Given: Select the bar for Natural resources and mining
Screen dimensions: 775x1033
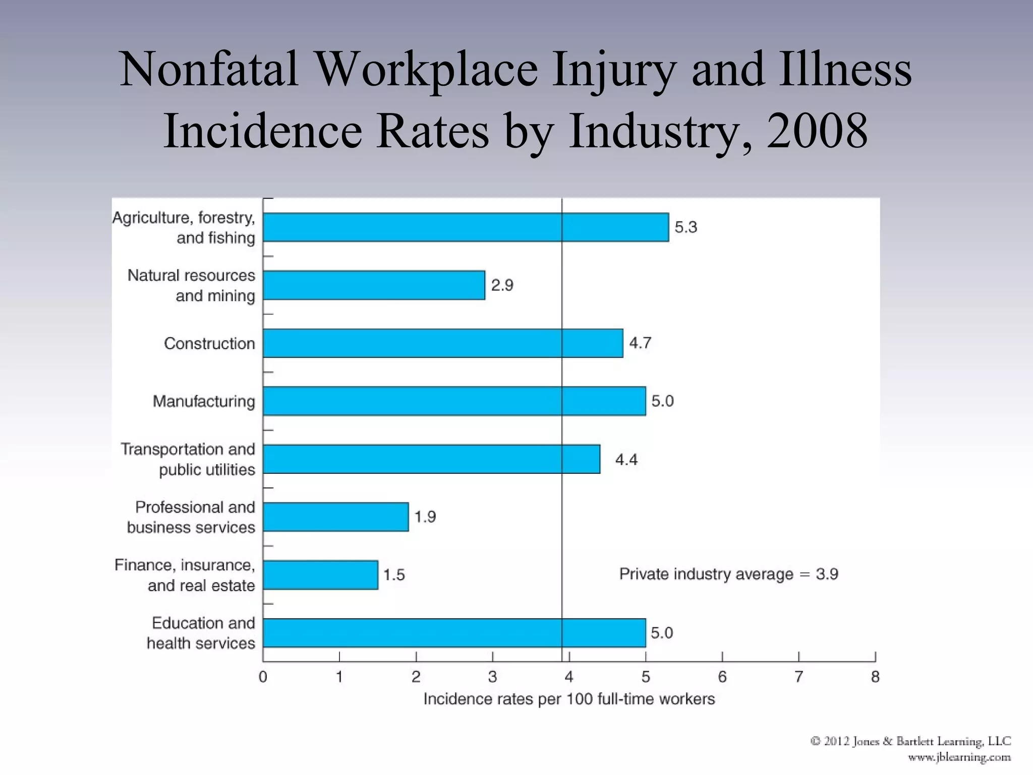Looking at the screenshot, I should (374, 285).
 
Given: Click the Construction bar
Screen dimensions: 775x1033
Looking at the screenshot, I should (443, 343).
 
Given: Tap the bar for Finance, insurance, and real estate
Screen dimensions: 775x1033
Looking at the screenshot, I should (320, 575).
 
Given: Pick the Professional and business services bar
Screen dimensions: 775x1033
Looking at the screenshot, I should (335, 517).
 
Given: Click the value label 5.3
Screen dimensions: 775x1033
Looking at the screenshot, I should (685, 227).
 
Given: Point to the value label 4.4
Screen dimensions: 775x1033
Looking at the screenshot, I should (626, 460).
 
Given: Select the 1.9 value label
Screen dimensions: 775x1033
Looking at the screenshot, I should (425, 517).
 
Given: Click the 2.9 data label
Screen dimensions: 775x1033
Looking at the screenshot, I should (502, 285).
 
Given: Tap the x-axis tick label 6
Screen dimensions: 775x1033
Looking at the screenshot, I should (722, 677).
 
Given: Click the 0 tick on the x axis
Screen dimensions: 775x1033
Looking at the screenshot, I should (263, 677).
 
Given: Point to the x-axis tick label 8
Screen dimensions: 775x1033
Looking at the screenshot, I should (875, 677).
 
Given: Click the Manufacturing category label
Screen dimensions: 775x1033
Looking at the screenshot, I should (204, 402).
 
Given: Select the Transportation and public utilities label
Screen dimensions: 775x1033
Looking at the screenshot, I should (188, 459).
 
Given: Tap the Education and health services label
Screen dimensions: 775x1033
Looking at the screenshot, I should (201, 633).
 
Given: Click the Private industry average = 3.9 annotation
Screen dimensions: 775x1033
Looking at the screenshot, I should (728, 574).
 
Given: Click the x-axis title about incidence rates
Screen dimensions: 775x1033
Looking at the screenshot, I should (569, 699).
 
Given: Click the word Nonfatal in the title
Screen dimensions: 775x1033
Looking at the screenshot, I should (209, 69).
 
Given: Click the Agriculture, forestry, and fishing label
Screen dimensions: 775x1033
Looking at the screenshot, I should (184, 228).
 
